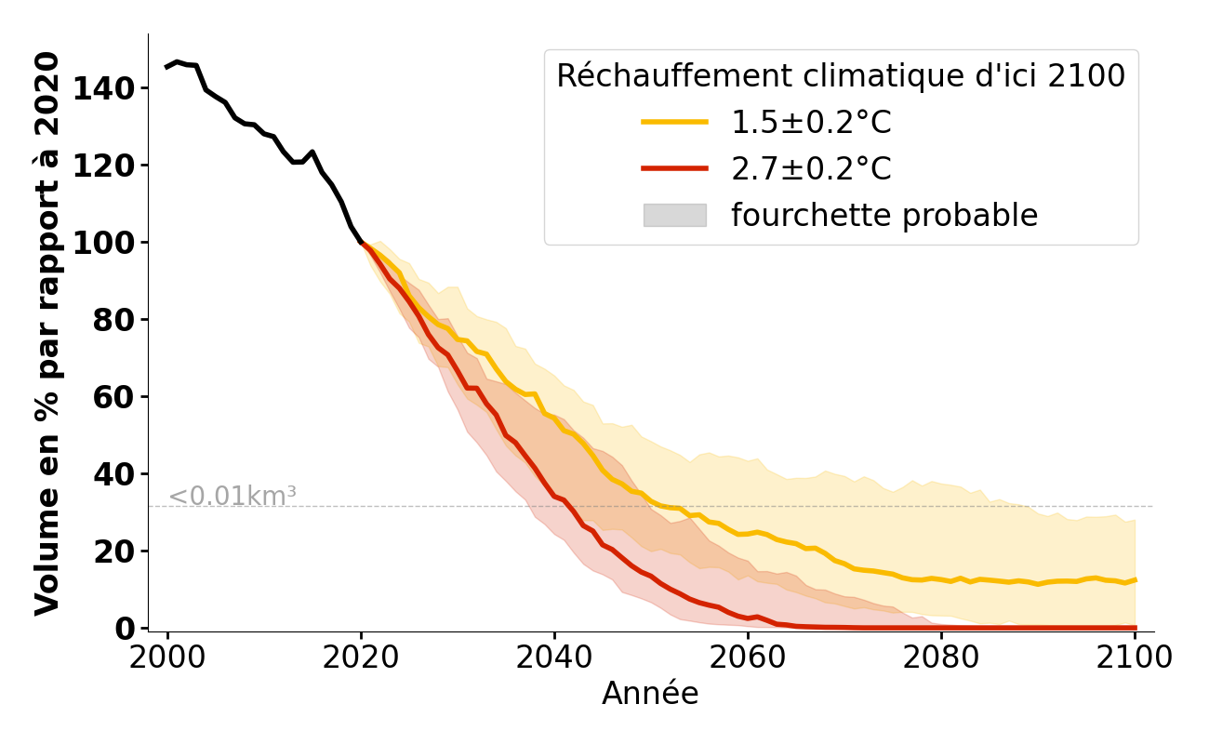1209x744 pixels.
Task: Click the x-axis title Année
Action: (650, 694)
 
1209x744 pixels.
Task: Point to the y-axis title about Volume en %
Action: (47, 333)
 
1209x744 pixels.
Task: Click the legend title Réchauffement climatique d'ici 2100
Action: (841, 76)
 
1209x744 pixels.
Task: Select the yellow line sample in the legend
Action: (674, 122)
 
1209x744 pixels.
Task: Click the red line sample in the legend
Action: (674, 168)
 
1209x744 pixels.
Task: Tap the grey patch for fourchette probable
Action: (674, 215)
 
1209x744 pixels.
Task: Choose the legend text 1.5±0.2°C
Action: (811, 123)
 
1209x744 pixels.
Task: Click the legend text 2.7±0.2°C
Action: (811, 169)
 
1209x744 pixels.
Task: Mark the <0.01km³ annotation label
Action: (232, 497)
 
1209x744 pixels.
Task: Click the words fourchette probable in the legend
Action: (883, 216)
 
